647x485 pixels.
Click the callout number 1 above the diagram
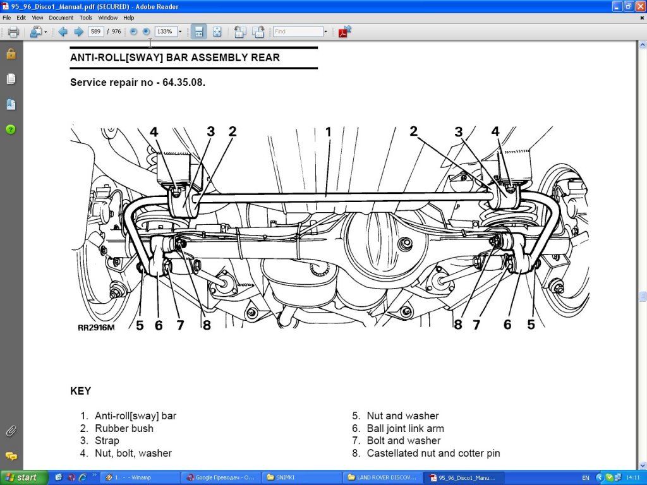pyautogui.click(x=328, y=131)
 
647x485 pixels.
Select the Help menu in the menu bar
pyautogui.click(x=129, y=18)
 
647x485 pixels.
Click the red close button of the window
pyautogui.click(x=639, y=6)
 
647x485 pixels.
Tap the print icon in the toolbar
pyautogui.click(x=13, y=32)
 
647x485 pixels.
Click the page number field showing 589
pyautogui.click(x=96, y=32)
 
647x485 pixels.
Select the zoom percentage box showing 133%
pyautogui.click(x=166, y=32)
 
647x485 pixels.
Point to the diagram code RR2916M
pyautogui.click(x=97, y=327)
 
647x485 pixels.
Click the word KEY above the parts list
pyautogui.click(x=80, y=391)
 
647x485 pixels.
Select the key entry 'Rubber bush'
pyautogui.click(x=124, y=428)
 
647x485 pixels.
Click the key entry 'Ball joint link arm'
pyautogui.click(x=405, y=428)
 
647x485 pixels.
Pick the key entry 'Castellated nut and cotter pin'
pyautogui.click(x=433, y=453)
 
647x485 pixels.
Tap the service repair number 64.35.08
pyautogui.click(x=181, y=82)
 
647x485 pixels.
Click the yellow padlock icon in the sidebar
pyautogui.click(x=11, y=54)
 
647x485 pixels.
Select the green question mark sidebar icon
pyautogui.click(x=11, y=129)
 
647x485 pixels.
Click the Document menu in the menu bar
pyautogui.click(x=61, y=18)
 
